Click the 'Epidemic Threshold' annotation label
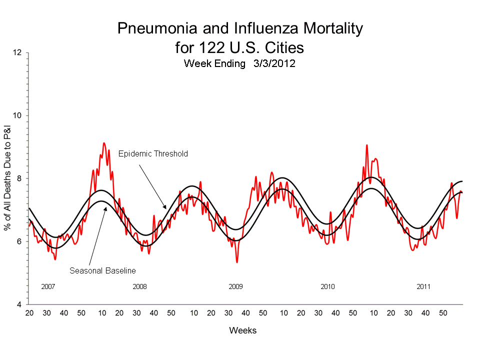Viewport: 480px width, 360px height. (153, 154)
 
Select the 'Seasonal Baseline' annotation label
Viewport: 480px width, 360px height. (102, 270)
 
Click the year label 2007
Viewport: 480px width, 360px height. (47, 287)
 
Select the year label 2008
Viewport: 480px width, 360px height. (139, 287)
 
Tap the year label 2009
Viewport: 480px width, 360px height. (235, 287)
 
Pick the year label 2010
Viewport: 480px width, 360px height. (327, 287)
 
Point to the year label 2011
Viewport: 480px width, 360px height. (423, 287)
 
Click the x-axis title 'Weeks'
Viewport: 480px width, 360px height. (242, 330)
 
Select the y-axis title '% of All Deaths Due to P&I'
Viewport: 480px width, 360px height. (8, 178)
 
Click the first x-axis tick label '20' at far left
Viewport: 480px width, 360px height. (29, 313)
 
